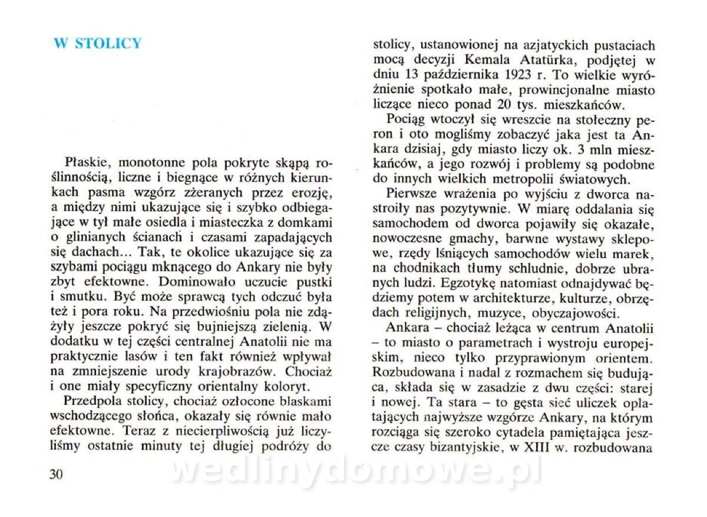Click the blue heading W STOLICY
pos(98,44)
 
